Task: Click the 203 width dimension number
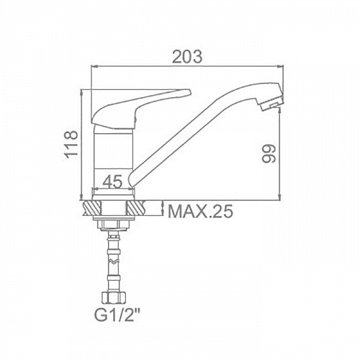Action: (187, 57)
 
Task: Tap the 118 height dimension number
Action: (72, 144)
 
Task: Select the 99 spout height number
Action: (269, 153)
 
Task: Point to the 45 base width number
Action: (113, 181)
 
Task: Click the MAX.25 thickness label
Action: (200, 211)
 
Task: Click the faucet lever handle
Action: (141, 108)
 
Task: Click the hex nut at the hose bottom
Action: (113, 298)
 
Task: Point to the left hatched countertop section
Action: (92, 208)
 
